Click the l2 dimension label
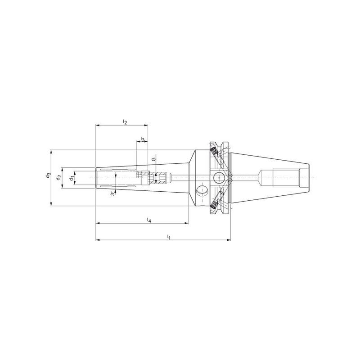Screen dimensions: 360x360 click(x=125, y=121)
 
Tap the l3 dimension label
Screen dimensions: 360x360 click(x=143, y=139)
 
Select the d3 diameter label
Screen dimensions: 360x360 click(x=48, y=175)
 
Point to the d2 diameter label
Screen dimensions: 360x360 click(x=59, y=177)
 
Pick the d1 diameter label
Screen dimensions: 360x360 click(x=72, y=177)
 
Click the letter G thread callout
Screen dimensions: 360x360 click(x=154, y=159)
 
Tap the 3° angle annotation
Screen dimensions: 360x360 click(x=112, y=193)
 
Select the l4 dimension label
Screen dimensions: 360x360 click(x=149, y=220)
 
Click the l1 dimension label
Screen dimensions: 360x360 click(x=168, y=237)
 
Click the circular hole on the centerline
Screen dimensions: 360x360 click(x=219, y=178)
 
